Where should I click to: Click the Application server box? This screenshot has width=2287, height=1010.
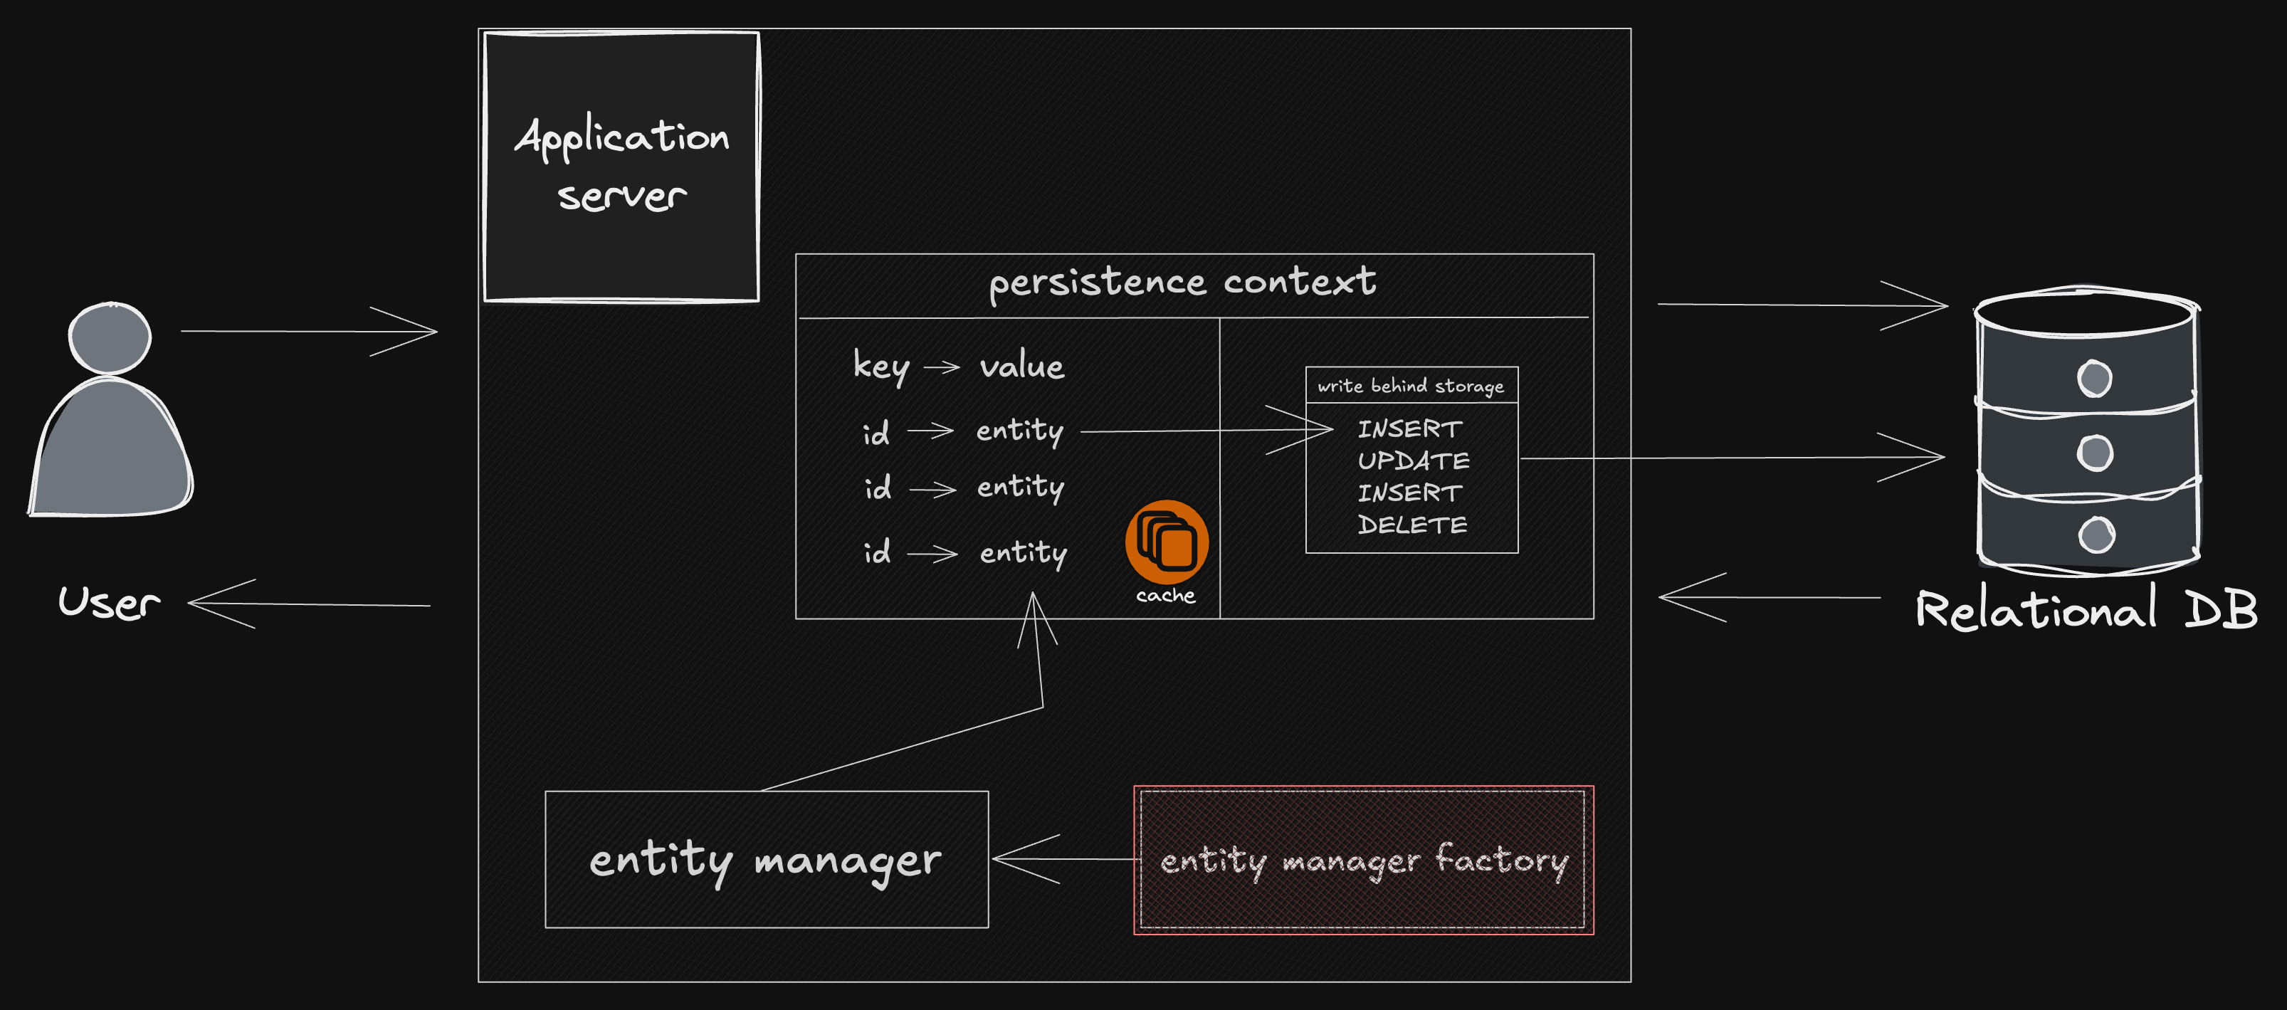[621, 167]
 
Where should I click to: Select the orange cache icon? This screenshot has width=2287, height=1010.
[1167, 542]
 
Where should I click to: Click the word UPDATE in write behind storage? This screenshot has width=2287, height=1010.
[1414, 461]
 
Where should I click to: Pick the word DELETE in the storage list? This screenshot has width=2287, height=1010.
[1412, 525]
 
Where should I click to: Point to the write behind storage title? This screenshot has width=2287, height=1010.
[1411, 386]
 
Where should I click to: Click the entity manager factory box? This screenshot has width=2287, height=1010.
[1364, 860]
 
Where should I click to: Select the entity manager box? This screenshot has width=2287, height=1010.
[766, 859]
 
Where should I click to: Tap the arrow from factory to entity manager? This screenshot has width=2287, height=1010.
[1066, 859]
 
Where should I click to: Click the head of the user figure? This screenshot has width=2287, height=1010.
[110, 338]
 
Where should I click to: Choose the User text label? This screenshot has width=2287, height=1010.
[109, 603]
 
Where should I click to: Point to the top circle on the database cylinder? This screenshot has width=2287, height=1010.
[2094, 379]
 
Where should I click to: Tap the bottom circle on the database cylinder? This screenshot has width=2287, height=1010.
[2096, 535]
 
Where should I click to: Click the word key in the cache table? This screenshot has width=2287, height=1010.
[880, 366]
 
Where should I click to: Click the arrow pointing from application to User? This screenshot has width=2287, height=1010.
[309, 604]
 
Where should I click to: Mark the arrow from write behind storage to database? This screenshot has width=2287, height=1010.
[1732, 458]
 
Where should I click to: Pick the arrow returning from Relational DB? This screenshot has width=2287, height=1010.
[1770, 597]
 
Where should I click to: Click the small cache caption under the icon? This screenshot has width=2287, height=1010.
[1166, 596]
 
